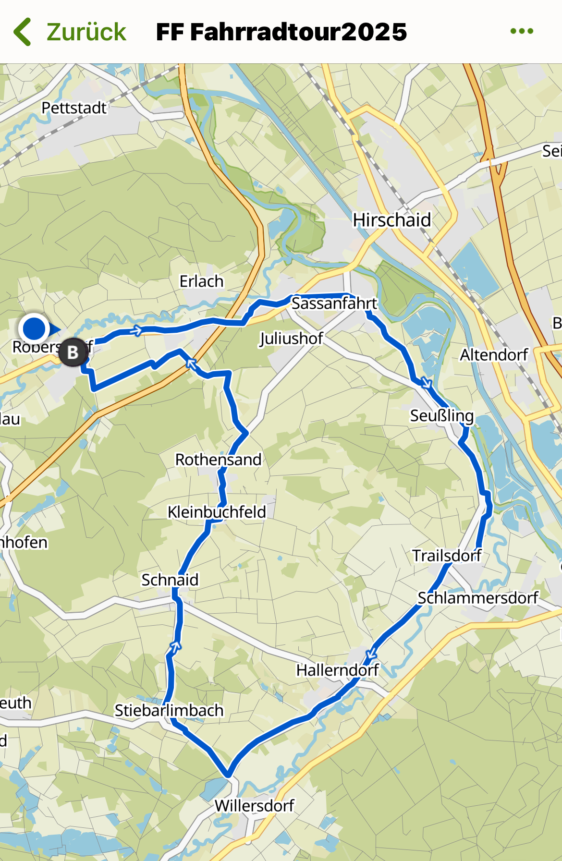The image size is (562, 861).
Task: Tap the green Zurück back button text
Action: pyautogui.click(x=86, y=32)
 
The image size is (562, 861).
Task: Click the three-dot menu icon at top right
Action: pyautogui.click(x=522, y=31)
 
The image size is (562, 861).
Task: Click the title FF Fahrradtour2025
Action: pyautogui.click(x=281, y=32)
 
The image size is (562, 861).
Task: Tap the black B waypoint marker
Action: pyautogui.click(x=73, y=352)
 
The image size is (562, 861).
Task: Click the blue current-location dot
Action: pyautogui.click(x=34, y=329)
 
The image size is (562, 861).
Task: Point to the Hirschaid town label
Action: pyautogui.click(x=392, y=220)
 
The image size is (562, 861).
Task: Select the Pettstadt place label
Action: pyautogui.click(x=74, y=108)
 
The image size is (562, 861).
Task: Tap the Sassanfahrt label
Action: pyautogui.click(x=334, y=303)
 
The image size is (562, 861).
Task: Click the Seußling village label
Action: pyautogui.click(x=441, y=415)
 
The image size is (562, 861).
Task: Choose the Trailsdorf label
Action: pyautogui.click(x=447, y=556)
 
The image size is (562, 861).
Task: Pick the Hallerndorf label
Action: pyautogui.click(x=337, y=670)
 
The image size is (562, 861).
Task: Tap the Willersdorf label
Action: pyautogui.click(x=254, y=805)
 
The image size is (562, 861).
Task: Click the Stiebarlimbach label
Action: pyautogui.click(x=169, y=710)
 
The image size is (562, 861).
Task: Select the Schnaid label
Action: pyautogui.click(x=170, y=580)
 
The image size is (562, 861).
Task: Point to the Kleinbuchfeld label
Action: pyautogui.click(x=217, y=512)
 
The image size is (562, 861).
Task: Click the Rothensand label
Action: pyautogui.click(x=218, y=460)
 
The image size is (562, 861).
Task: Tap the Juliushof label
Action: pyautogui.click(x=291, y=339)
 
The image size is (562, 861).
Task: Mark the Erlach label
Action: pyautogui.click(x=201, y=281)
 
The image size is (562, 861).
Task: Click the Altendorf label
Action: pyautogui.click(x=494, y=355)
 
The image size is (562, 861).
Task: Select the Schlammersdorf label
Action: pyautogui.click(x=477, y=598)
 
